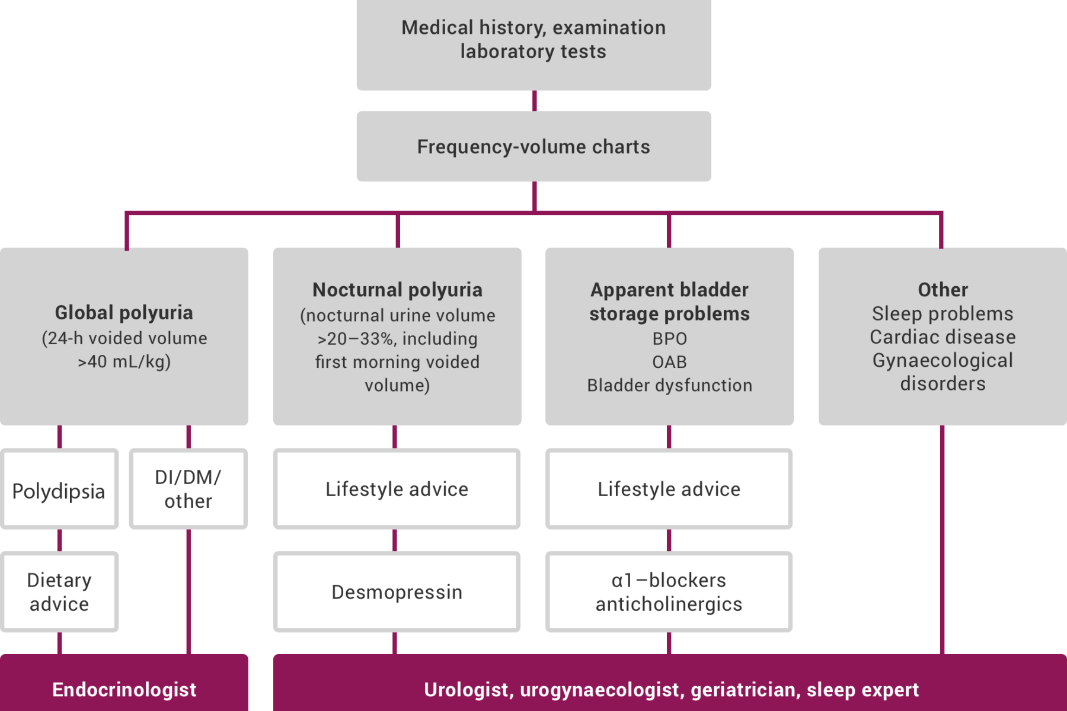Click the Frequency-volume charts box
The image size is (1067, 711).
point(533,146)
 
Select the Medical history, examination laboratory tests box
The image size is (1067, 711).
point(533,44)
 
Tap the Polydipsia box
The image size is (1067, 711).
point(59,489)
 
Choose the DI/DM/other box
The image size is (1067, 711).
point(189,489)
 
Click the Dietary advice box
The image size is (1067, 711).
point(59,592)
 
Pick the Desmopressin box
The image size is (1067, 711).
point(397,592)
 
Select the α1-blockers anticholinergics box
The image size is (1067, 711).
point(669,592)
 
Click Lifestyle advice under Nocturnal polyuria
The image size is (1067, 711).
point(397,489)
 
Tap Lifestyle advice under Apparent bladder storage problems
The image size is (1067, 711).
point(669,489)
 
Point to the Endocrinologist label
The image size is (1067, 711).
point(124,690)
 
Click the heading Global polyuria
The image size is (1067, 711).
point(124,313)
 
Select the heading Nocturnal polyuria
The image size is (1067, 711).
point(397,290)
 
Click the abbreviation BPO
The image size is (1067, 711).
point(670,338)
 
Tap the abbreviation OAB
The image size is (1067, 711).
point(670,362)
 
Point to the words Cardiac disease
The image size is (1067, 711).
point(943,337)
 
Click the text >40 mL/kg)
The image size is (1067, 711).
point(124,361)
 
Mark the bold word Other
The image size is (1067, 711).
point(943,290)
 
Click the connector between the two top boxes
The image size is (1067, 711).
point(535,101)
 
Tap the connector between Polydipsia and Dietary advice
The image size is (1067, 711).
point(59,540)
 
